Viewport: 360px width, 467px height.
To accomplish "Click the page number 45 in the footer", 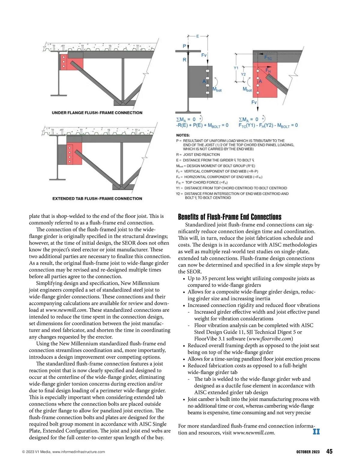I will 329,451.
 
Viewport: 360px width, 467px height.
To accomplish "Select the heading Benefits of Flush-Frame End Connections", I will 230,217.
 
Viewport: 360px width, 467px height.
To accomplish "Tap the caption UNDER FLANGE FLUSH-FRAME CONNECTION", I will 97,113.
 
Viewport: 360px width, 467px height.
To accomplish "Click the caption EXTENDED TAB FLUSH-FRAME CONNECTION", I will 97,198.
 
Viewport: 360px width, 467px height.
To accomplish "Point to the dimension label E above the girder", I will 198,36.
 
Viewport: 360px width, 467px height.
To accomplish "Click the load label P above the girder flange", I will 184,46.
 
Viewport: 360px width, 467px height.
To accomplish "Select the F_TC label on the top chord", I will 268,58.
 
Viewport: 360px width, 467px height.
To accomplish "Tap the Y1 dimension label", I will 236,68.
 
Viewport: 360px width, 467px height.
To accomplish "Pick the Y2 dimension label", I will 243,74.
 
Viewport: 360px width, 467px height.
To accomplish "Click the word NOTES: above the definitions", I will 183,135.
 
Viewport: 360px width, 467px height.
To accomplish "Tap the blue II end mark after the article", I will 316,432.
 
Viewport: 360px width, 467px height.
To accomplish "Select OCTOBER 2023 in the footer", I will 307,452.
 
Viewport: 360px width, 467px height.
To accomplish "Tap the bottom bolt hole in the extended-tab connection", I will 70,162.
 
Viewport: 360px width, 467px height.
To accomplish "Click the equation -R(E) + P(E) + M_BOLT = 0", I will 202,125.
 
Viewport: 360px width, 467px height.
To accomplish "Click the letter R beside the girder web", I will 184,60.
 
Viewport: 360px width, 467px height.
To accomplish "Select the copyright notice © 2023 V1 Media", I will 64,452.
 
